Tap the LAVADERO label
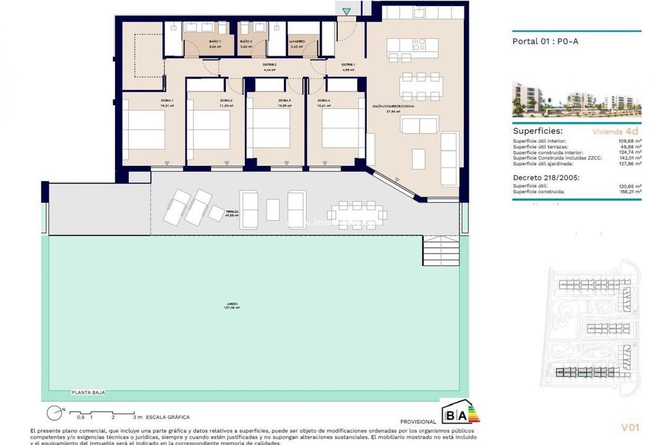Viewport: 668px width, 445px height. coord(297,41)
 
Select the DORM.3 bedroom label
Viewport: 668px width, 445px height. coord(285,101)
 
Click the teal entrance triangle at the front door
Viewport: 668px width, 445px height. coord(346,11)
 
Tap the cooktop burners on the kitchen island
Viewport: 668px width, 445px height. coord(418,45)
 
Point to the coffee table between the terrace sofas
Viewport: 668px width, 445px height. coord(273,210)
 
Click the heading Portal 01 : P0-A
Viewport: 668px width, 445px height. coord(545,42)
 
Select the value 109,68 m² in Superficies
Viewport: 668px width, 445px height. coord(629,141)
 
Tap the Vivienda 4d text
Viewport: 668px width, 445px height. coord(615,131)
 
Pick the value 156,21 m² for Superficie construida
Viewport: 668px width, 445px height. coord(629,192)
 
